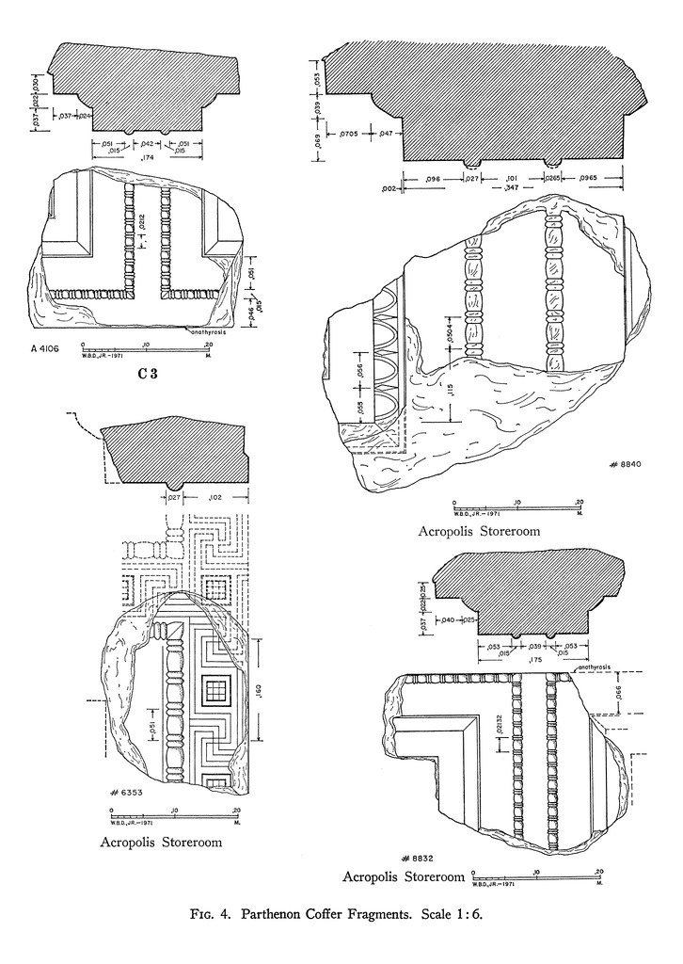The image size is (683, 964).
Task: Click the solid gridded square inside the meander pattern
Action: click(x=215, y=695)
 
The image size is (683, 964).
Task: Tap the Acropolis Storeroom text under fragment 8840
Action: click(x=480, y=531)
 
